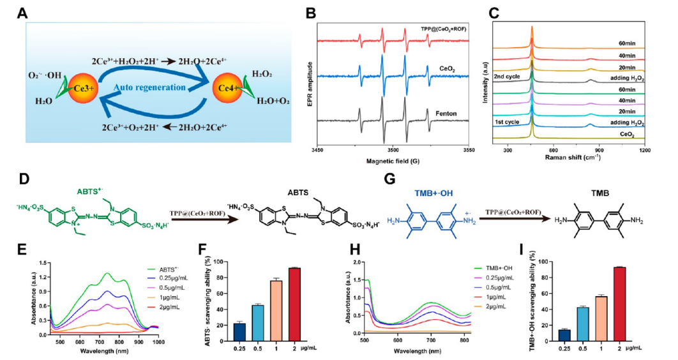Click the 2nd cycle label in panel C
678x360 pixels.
(509, 76)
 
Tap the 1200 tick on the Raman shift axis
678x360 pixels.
(645, 149)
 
